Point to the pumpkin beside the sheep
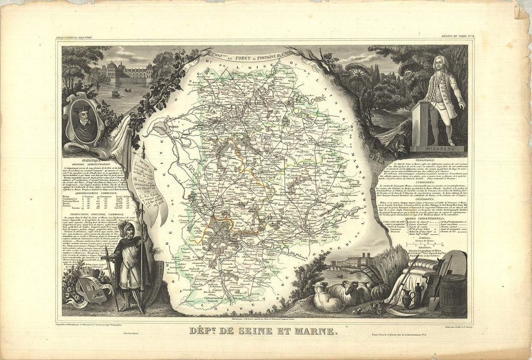380,291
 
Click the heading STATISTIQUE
90,160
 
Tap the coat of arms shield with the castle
92,289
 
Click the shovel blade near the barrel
433,302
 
